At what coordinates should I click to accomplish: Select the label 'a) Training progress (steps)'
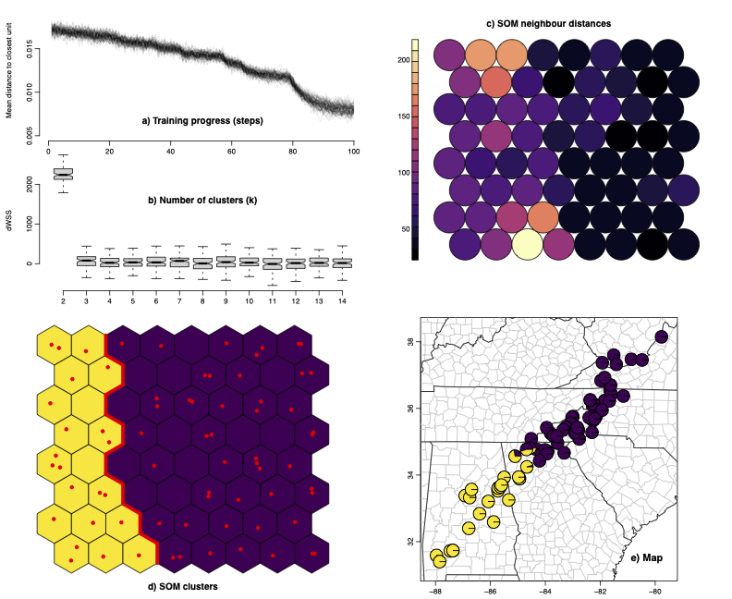201,120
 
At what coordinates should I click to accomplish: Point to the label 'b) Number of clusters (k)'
201,200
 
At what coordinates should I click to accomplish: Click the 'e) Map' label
647,556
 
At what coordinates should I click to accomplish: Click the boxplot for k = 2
64,174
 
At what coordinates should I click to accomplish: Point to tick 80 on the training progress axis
293,153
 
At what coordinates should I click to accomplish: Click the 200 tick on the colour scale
402,60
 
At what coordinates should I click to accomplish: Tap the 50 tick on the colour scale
402,228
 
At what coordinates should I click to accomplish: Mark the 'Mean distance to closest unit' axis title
9,70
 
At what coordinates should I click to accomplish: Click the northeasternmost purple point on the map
661,336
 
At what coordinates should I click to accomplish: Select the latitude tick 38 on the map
412,341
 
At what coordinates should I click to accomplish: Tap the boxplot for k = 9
226,263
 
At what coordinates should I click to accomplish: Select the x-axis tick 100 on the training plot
354,153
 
